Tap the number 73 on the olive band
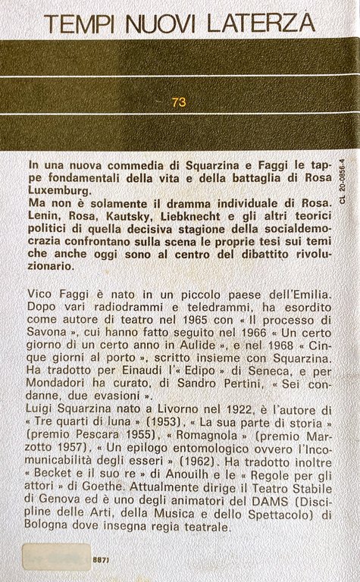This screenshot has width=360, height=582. click(x=179, y=101)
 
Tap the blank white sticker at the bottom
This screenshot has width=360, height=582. click(x=56, y=557)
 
